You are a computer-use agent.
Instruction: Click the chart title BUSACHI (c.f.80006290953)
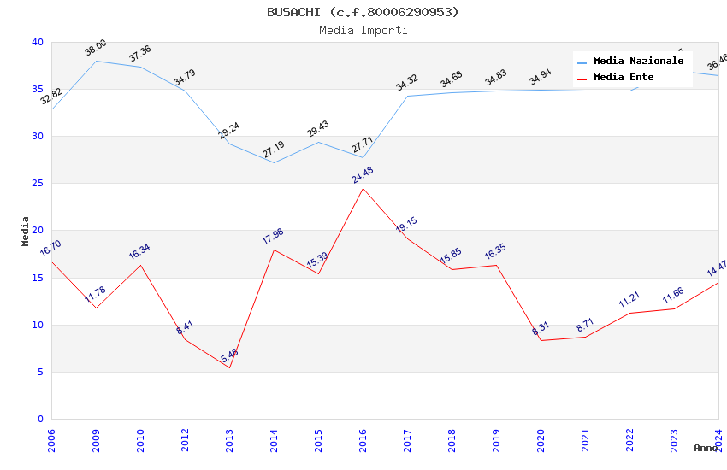[363, 12]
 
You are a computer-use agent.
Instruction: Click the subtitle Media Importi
[363, 30]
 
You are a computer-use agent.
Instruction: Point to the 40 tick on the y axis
[37, 42]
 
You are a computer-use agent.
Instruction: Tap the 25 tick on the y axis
[37, 184]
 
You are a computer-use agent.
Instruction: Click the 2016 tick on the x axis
[363, 442]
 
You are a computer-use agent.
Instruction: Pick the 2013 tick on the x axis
[229, 442]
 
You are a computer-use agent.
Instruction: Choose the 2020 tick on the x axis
[541, 442]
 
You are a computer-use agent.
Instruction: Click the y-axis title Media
[26, 231]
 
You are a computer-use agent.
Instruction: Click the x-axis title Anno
[706, 448]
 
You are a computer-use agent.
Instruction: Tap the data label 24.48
[362, 175]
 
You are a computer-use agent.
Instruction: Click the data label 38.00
[95, 48]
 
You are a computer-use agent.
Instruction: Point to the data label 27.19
[273, 150]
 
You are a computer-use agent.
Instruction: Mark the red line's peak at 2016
[363, 188]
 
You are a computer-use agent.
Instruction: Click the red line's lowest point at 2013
[229, 367]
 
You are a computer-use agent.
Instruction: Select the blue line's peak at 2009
[96, 61]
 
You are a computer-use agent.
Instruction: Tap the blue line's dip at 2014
[274, 162]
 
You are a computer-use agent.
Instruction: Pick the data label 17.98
[273, 237]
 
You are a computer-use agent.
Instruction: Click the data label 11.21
[629, 300]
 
